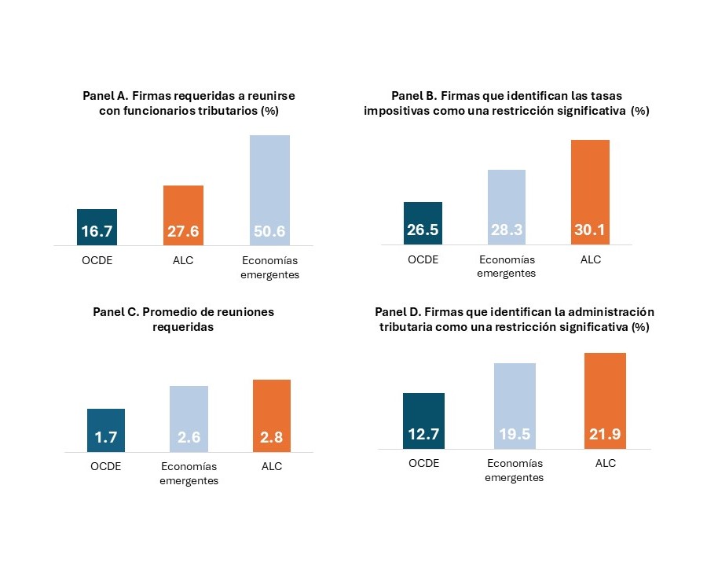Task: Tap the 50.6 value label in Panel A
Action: click(x=269, y=232)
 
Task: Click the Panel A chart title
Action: click(x=189, y=103)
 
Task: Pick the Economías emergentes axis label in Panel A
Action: click(x=270, y=267)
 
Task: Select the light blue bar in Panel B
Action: click(x=507, y=207)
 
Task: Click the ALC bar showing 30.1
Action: click(x=589, y=193)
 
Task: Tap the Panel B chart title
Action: click(x=506, y=103)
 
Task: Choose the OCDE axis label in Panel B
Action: click(x=423, y=259)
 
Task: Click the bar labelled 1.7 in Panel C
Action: click(x=106, y=430)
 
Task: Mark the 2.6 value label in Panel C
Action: click(x=189, y=438)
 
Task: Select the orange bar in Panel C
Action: click(x=272, y=416)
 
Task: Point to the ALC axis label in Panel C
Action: click(x=272, y=466)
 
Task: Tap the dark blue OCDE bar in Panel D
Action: click(x=423, y=421)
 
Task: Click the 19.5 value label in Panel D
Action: click(x=515, y=435)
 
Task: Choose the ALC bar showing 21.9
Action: click(x=606, y=401)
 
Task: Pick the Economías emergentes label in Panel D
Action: click(x=515, y=470)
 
